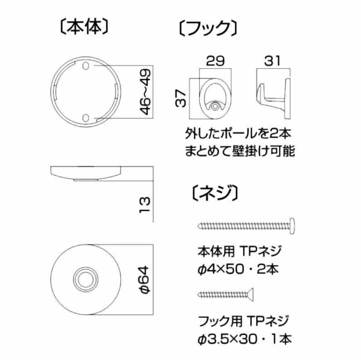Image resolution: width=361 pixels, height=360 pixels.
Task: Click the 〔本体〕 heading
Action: [x=84, y=27]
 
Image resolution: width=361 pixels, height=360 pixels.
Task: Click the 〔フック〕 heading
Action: [x=208, y=28]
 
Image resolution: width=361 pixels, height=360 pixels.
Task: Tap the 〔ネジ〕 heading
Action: [x=214, y=193]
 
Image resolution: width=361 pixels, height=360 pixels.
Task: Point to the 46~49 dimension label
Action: [x=146, y=92]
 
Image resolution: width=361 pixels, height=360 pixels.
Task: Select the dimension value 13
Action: [x=145, y=205]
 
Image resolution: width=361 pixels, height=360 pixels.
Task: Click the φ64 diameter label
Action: [x=145, y=280]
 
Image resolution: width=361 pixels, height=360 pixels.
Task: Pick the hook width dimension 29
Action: [x=215, y=61]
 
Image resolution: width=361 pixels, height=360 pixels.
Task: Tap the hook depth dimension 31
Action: [x=272, y=61]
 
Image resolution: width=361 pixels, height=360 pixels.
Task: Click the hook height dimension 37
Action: [x=180, y=98]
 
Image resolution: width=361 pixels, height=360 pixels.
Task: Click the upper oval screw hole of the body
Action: [x=85, y=65]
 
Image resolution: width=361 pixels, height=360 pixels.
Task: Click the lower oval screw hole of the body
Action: [x=85, y=118]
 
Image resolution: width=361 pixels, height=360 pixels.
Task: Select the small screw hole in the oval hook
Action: [x=215, y=107]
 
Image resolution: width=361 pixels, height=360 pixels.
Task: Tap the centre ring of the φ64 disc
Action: [x=85, y=279]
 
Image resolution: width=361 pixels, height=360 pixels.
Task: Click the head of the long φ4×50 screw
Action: [x=292, y=226]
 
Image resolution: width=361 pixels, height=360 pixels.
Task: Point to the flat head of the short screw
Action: [x=251, y=295]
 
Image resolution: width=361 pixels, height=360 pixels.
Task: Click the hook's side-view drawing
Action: [x=273, y=98]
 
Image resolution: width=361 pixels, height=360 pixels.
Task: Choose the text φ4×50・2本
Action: [x=238, y=269]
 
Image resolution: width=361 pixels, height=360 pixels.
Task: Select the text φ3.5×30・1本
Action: [x=244, y=339]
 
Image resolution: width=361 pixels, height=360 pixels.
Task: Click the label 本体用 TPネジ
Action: [x=239, y=251]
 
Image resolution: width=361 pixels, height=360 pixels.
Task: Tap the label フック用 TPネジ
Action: [x=243, y=321]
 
